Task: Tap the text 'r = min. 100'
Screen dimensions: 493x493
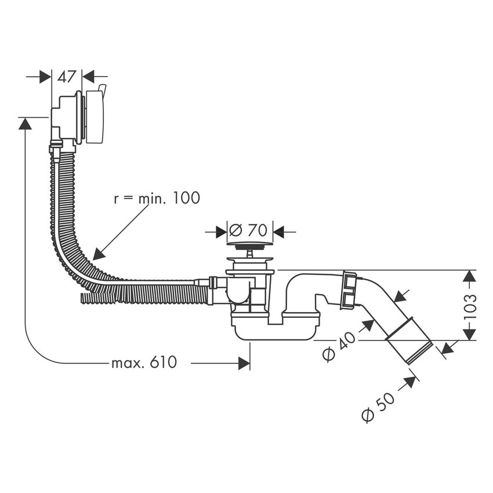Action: pos(156,198)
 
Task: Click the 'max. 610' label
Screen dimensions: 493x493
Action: pos(143,363)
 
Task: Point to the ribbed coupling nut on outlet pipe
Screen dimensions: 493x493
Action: pos(350,289)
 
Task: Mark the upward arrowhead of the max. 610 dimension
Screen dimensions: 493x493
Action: pos(25,123)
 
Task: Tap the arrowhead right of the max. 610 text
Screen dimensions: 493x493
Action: pos(244,363)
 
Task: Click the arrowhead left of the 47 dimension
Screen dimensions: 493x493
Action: pos(46,77)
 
